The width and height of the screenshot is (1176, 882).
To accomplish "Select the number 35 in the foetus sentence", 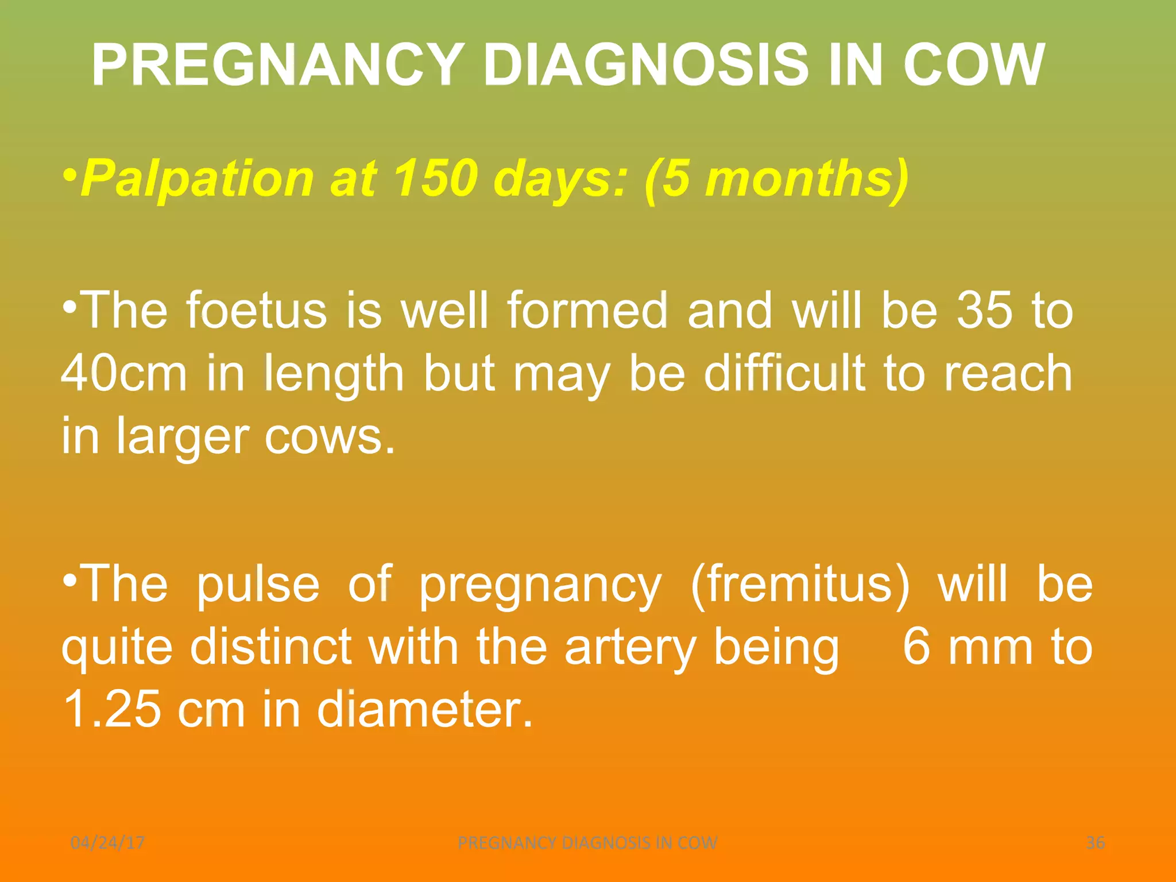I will [984, 311].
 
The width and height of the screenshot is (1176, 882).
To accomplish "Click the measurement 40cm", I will [124, 373].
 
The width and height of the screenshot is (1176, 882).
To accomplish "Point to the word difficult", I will [784, 373].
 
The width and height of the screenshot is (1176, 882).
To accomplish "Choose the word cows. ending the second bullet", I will [330, 436].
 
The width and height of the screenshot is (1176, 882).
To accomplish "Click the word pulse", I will [258, 585].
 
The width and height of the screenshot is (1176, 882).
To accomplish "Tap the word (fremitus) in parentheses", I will [800, 585].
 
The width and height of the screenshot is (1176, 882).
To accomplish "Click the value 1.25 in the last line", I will [112, 710].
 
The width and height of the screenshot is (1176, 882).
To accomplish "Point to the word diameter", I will [425, 710].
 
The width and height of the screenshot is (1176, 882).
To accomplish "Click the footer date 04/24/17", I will [107, 842].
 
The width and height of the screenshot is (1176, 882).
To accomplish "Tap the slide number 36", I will [1095, 842].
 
